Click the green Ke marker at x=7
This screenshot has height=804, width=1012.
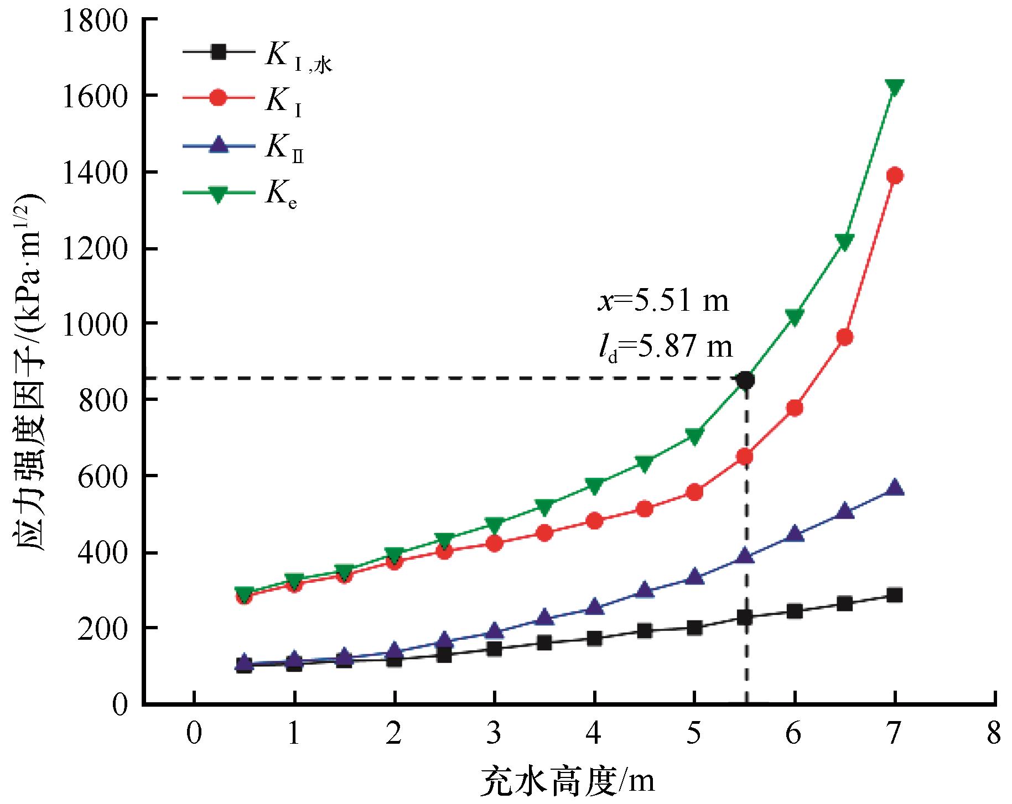click(x=894, y=87)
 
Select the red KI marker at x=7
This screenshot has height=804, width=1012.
click(x=894, y=175)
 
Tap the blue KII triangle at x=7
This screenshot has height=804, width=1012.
click(x=894, y=488)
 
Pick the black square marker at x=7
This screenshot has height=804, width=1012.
click(x=894, y=595)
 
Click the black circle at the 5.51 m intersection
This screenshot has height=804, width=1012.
click(x=746, y=380)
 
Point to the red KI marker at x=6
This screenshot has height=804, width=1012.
click(x=795, y=408)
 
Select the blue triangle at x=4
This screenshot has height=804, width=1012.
click(x=594, y=607)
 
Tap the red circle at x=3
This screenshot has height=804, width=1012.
click(x=494, y=544)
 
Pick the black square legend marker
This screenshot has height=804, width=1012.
click(x=219, y=52)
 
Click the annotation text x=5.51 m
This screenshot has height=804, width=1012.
click(x=663, y=302)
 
